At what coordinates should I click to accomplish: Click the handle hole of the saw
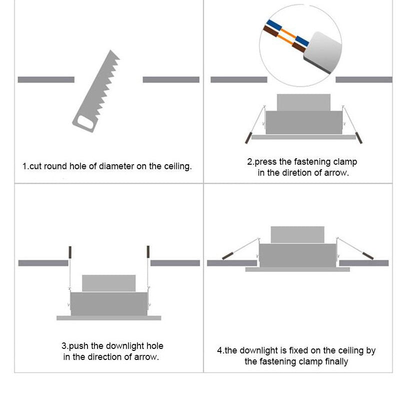tap(85, 122)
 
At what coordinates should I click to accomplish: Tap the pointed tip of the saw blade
tap(110, 50)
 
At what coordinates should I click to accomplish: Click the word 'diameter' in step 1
tap(116, 166)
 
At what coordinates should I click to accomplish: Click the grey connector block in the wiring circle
tap(323, 53)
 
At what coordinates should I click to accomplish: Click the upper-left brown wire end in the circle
tap(270, 31)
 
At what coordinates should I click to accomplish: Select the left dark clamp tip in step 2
tap(248, 138)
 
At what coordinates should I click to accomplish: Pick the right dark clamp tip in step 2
tap(358, 138)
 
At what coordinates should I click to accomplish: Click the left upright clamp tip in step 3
tap(70, 252)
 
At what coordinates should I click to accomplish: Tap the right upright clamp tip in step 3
tap(148, 252)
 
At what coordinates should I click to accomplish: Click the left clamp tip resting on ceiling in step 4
tap(227, 256)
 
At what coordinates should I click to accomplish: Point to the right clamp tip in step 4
tap(368, 256)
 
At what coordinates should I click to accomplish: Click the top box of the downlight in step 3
tap(108, 283)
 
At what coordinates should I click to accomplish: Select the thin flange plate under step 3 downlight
tap(108, 318)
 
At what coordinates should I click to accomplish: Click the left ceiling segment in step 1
tap(46, 80)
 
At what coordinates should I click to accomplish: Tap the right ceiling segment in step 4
tap(364, 263)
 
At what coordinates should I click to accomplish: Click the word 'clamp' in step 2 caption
tap(345, 162)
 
